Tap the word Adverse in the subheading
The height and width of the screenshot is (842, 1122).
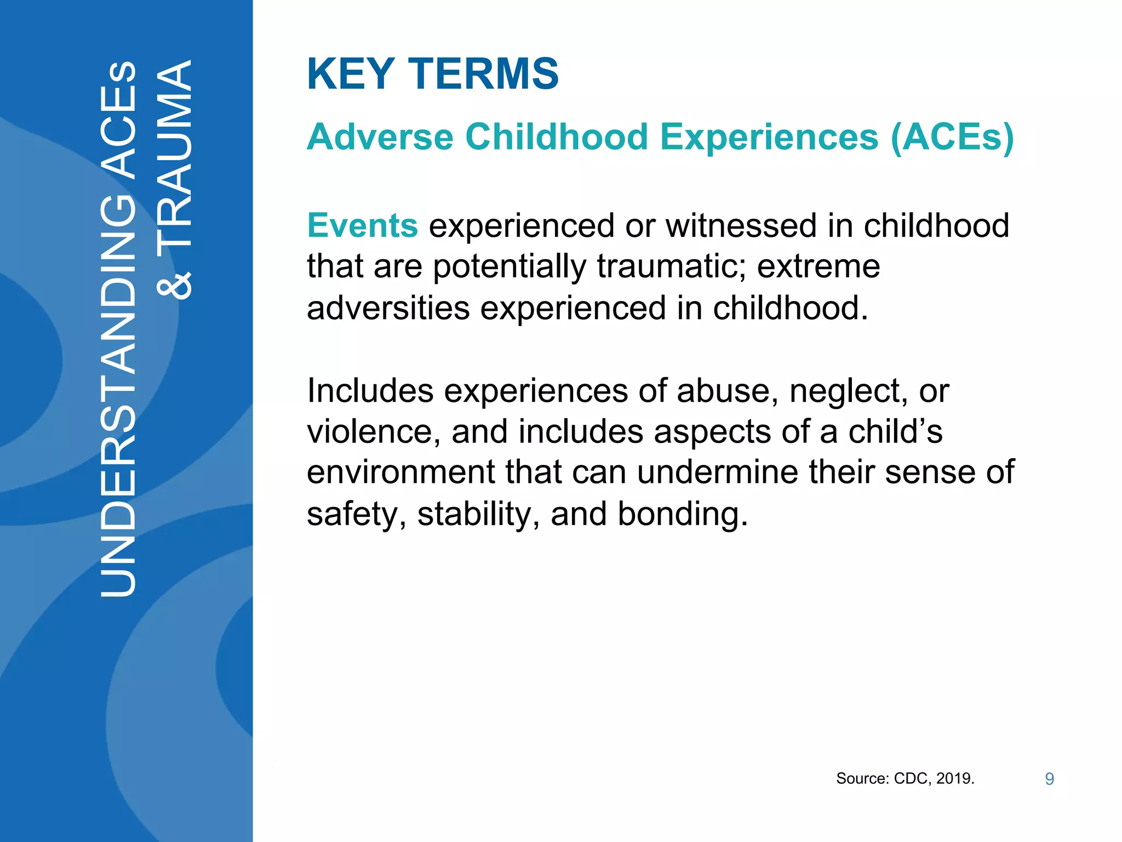(x=380, y=136)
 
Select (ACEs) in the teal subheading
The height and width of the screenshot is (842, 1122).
(x=952, y=136)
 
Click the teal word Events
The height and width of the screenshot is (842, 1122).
(x=362, y=225)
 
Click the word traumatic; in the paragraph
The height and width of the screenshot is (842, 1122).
(x=671, y=266)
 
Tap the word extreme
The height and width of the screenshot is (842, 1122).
(x=818, y=266)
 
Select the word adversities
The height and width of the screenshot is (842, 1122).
(x=388, y=308)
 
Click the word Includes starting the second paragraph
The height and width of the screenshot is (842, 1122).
(x=370, y=391)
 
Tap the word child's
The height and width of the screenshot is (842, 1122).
(x=895, y=432)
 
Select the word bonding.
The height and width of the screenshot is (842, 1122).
(x=682, y=514)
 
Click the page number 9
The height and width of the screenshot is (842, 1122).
(x=1049, y=779)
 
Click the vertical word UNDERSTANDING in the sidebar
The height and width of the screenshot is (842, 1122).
(x=118, y=395)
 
